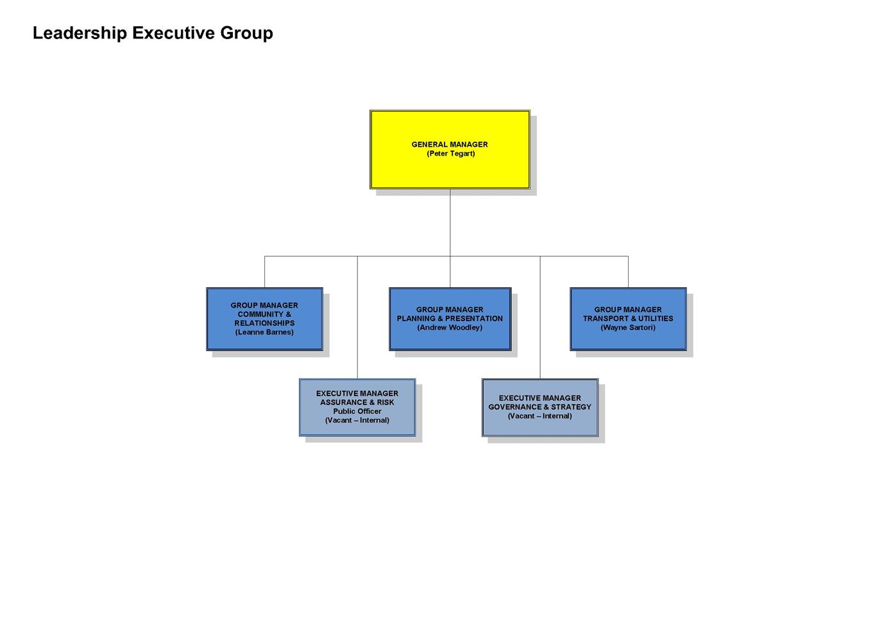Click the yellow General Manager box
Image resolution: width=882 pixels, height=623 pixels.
(450, 149)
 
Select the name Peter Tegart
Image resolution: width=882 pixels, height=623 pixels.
(451, 153)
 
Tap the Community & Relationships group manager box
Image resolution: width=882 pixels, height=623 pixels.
(264, 319)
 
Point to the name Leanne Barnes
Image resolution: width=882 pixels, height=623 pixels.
(264, 332)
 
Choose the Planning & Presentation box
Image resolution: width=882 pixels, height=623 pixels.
(450, 319)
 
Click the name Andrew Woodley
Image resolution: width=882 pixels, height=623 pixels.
(450, 328)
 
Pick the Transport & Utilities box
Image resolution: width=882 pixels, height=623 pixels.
(628, 319)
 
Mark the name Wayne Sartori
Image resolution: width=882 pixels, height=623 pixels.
(628, 328)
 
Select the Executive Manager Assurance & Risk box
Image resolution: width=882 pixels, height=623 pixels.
(357, 408)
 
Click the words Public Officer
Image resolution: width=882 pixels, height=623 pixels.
(357, 411)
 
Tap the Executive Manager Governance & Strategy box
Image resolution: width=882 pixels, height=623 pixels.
(540, 408)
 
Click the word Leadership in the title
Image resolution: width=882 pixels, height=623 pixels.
(80, 33)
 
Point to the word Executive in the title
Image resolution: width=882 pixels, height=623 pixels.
(174, 33)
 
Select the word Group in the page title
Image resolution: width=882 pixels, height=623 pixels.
(246, 33)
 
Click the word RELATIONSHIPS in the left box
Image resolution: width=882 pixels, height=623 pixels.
(264, 323)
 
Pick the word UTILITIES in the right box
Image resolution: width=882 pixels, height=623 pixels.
(656, 319)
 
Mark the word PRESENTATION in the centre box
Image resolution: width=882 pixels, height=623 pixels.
(473, 319)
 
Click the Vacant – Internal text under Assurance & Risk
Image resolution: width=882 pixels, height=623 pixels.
(357, 420)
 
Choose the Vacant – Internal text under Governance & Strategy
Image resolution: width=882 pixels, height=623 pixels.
(540, 416)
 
